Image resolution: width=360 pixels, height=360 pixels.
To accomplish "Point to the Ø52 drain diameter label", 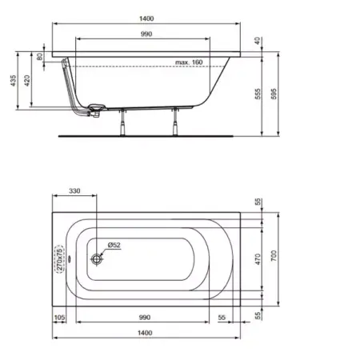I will (x=113, y=245).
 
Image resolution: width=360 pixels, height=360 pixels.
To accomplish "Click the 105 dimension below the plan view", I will (x=59, y=318).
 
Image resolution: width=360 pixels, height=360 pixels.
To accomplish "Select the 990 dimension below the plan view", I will (x=145, y=318).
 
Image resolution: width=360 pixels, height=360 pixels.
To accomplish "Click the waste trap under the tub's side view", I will (x=95, y=110).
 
